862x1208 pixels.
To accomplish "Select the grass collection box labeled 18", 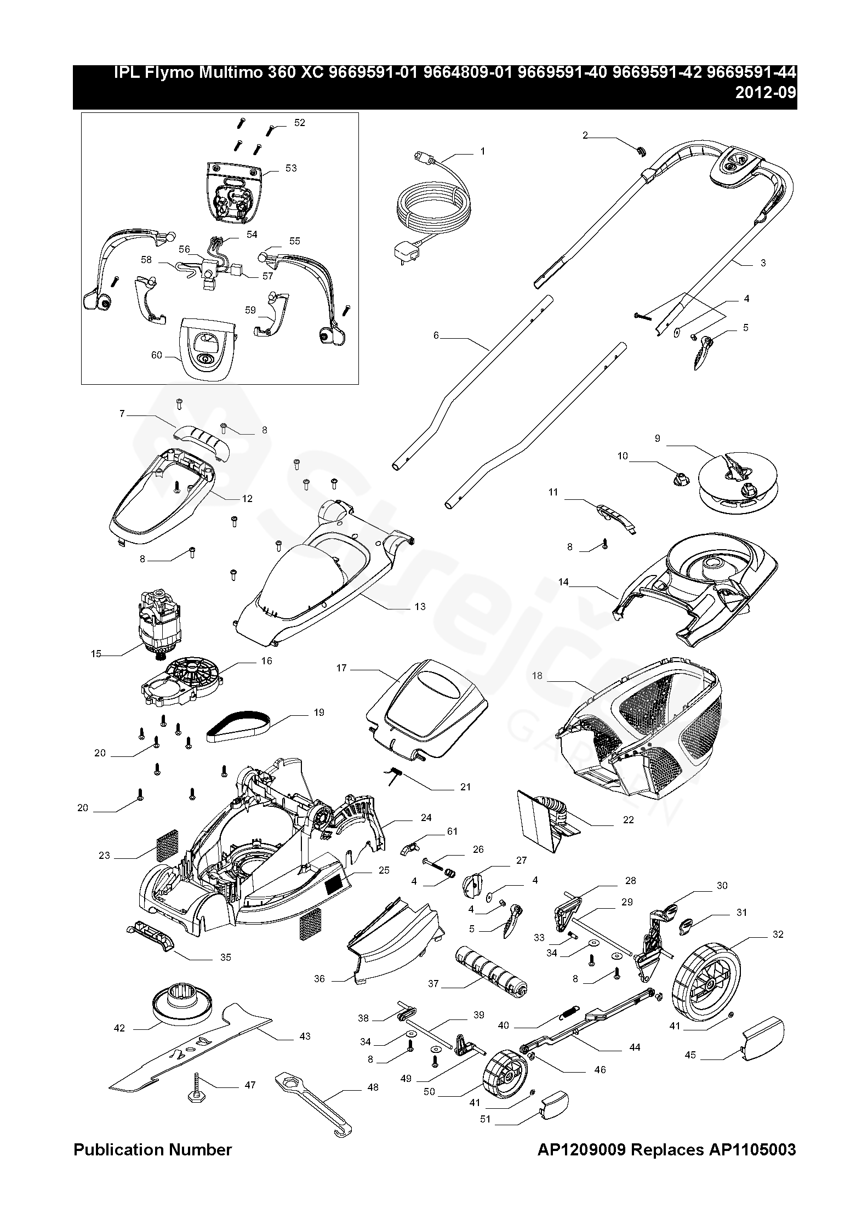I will point(641,729).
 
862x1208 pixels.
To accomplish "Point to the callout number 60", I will point(157,355).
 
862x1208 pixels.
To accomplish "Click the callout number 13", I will point(420,607).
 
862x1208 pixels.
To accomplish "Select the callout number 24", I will point(426,817).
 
